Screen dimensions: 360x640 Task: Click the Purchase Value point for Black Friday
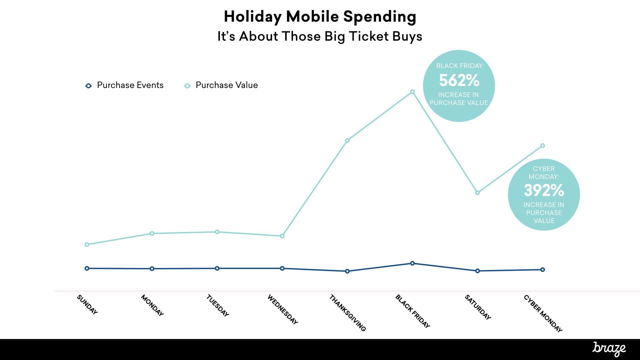click(x=412, y=92)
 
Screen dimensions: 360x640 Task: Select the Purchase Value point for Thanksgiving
click(x=347, y=140)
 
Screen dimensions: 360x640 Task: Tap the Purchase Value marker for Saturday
click(x=477, y=193)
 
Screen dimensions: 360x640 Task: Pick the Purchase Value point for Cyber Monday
click(x=542, y=146)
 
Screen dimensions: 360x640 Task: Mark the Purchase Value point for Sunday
click(x=87, y=244)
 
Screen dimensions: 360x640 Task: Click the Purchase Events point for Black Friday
click(x=412, y=263)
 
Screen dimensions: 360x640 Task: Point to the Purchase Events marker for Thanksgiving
click(x=347, y=271)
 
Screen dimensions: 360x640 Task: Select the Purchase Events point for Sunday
click(x=87, y=268)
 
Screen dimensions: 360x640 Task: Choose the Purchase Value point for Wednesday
click(x=282, y=236)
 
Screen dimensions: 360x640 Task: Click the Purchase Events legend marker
click(x=88, y=86)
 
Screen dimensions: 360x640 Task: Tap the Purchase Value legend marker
click(x=187, y=86)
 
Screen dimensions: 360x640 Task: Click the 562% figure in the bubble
click(x=459, y=80)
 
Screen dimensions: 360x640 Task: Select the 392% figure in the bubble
click(x=544, y=190)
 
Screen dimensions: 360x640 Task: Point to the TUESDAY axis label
click(x=217, y=305)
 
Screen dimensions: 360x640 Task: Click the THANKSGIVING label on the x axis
click(x=347, y=313)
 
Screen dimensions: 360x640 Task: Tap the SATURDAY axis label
click(x=478, y=307)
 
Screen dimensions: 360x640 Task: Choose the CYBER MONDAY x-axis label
click(x=543, y=313)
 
